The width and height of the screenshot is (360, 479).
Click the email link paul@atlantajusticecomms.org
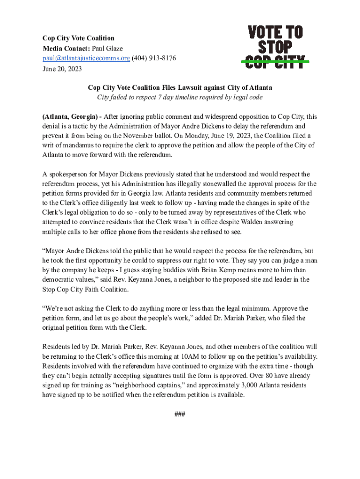tap(86, 58)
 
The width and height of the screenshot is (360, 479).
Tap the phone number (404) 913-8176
tap(154, 58)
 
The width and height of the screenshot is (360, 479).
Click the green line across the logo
tap(275, 61)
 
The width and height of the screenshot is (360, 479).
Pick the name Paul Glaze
tap(108, 48)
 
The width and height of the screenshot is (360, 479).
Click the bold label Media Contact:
tap(66, 48)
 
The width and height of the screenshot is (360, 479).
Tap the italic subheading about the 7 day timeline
tap(180, 97)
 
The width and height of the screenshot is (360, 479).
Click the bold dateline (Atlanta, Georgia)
tap(70, 117)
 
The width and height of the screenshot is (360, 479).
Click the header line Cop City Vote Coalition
tap(79, 38)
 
